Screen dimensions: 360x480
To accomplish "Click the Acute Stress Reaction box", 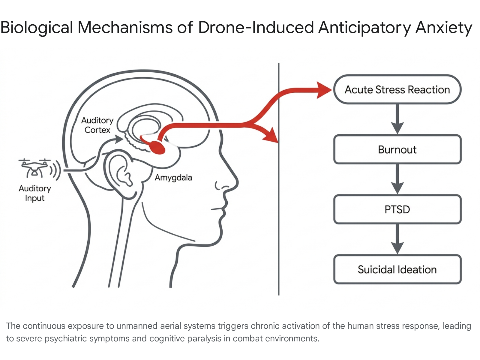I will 397,89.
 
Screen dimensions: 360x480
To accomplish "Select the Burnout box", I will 397,149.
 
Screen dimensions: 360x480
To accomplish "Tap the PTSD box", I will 397,209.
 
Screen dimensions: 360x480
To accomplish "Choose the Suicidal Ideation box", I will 397,269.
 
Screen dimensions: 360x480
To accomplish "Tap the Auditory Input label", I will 35,193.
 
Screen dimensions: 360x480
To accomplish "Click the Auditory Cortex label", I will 97,125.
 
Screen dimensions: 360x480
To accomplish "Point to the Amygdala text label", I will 173,178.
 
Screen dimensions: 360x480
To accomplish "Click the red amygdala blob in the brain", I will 157,147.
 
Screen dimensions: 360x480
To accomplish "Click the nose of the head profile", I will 232,180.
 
